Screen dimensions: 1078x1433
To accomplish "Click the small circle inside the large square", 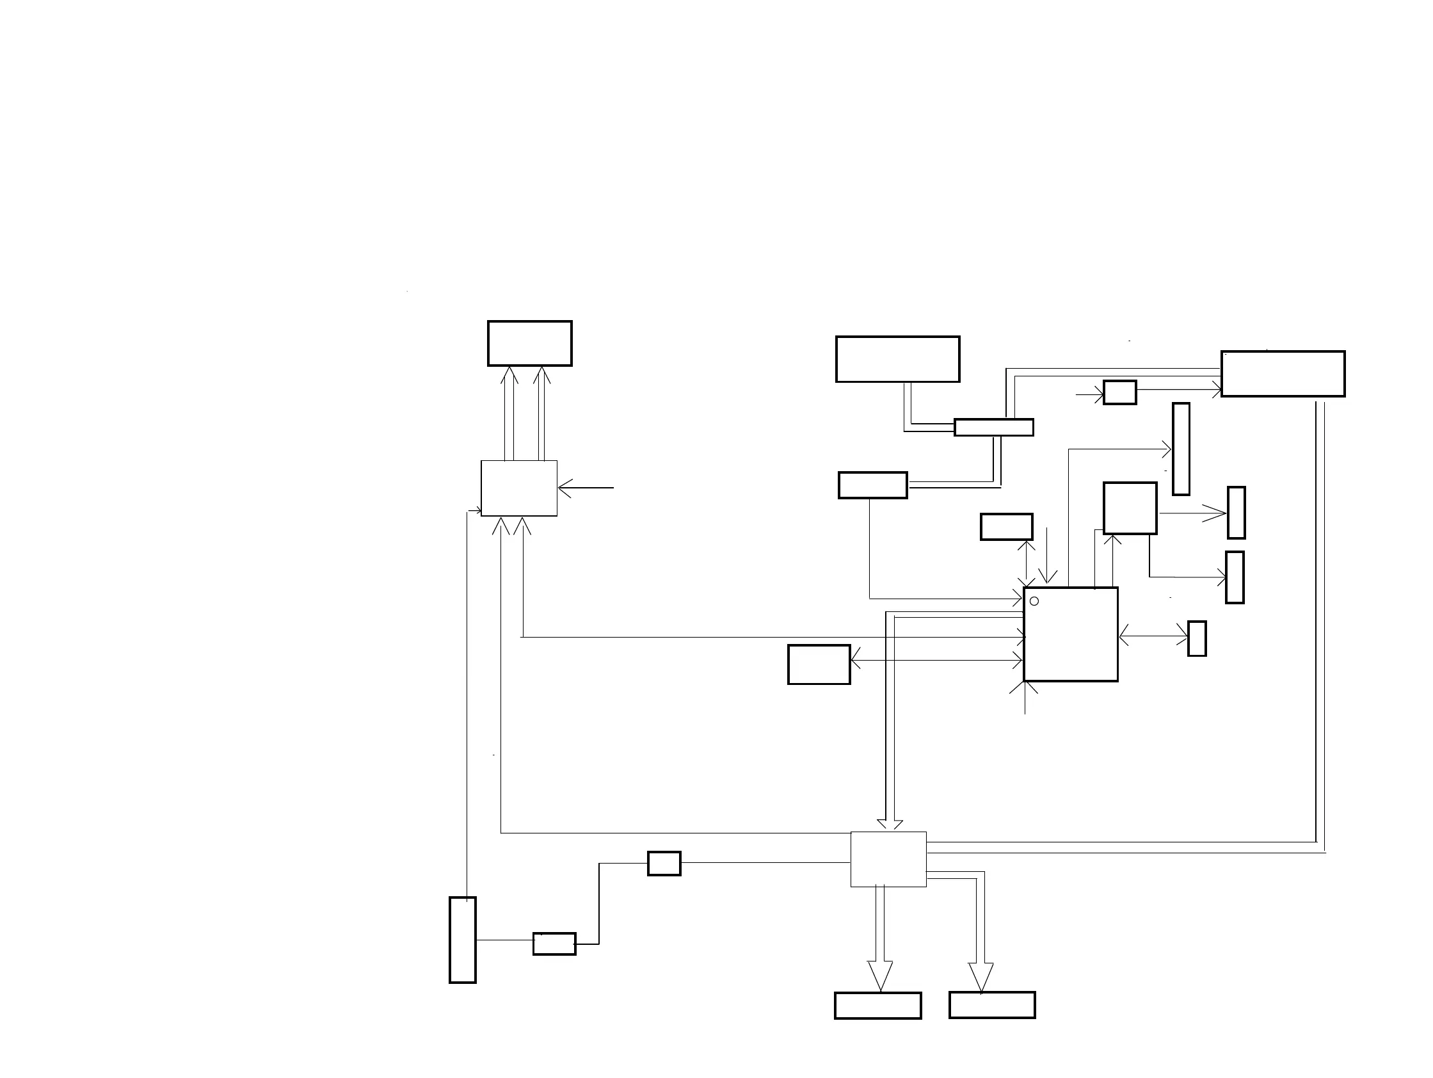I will pos(1034,601).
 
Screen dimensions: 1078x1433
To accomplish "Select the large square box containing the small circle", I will pos(1070,634).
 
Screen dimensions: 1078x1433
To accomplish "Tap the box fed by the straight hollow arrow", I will pos(878,1006).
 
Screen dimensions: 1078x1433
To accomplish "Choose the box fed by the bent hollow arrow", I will pos(992,1005).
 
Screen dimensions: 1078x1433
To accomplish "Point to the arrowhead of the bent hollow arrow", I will pos(981,976).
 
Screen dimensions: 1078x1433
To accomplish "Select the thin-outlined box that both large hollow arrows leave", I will pos(888,859).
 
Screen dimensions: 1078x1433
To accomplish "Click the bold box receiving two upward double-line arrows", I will pos(529,343).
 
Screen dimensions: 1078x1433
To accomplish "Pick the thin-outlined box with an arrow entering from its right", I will pos(519,488).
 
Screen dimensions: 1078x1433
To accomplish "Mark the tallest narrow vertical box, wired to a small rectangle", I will pos(463,940).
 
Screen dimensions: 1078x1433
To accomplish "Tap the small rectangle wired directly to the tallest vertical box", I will pos(554,944).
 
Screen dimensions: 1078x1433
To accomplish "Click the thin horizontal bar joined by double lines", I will pos(994,428).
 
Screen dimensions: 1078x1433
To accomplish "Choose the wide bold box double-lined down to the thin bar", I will pos(897,359).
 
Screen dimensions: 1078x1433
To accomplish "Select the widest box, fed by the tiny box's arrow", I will pos(1283,374).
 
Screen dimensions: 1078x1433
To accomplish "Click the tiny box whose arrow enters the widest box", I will pos(1119,392).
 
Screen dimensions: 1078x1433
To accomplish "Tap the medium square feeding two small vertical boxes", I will pos(1130,508).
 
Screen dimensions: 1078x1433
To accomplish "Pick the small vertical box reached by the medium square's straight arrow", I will pos(1236,513).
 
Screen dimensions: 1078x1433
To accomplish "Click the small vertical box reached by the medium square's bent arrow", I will pos(1235,577).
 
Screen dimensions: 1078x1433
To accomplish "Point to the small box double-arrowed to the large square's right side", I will pos(1197,639).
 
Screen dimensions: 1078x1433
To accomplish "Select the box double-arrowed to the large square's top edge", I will pos(1006,527).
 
